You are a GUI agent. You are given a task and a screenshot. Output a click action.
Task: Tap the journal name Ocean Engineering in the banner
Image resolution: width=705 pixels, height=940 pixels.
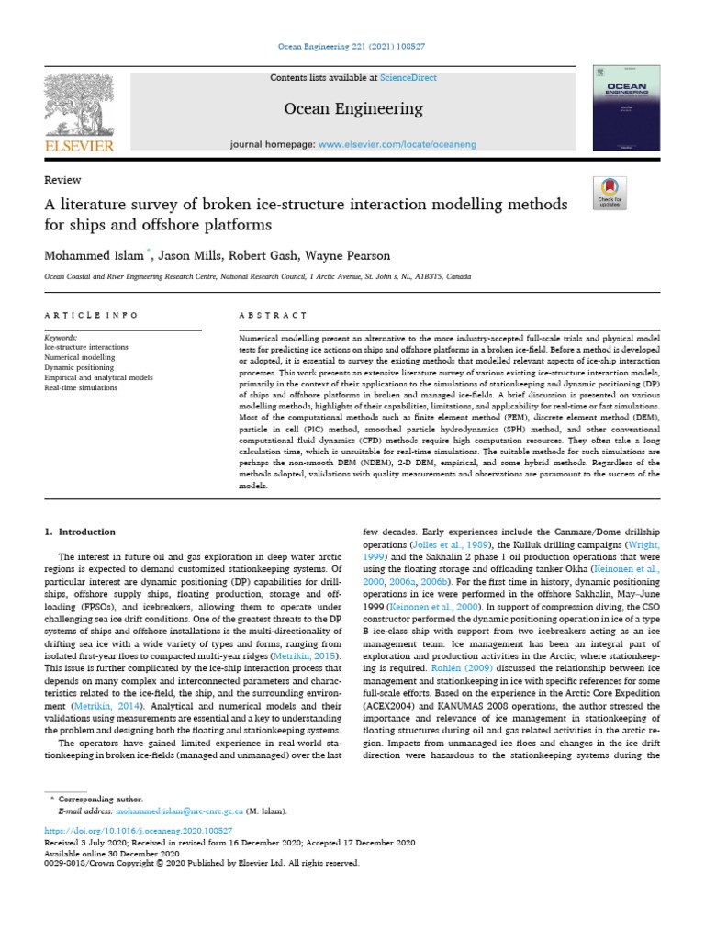click(353, 109)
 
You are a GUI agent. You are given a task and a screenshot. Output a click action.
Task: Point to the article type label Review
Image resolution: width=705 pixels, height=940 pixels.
click(63, 180)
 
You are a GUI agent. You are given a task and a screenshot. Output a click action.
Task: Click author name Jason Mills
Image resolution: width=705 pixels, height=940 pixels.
click(188, 255)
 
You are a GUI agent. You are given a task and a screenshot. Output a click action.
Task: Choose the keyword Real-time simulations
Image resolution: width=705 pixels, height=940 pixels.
click(81, 387)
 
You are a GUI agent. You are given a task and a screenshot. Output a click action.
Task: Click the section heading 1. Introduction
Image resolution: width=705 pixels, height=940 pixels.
click(80, 532)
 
